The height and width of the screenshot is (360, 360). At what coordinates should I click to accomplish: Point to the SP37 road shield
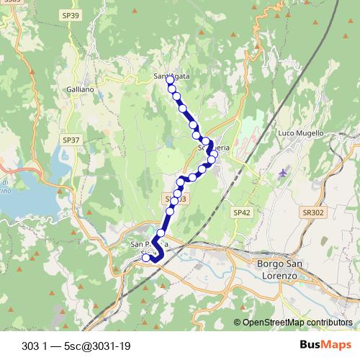point(71,140)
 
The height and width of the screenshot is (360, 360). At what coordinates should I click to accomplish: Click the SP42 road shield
point(241,212)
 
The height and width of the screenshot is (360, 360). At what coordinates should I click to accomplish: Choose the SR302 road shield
point(314,212)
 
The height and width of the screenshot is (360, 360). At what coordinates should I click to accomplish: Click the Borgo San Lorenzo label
point(277,270)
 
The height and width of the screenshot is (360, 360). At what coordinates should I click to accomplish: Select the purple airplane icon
point(282,174)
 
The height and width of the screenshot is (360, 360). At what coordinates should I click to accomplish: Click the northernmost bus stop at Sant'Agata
point(170,80)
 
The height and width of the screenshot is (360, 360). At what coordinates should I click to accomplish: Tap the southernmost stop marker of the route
point(146,258)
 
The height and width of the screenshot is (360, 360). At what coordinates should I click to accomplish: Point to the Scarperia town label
point(214,148)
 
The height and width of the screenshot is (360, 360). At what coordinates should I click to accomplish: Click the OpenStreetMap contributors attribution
point(297,323)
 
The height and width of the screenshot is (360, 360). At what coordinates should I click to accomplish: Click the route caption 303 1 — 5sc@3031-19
point(76,346)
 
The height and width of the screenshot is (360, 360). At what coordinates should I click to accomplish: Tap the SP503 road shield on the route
point(175,198)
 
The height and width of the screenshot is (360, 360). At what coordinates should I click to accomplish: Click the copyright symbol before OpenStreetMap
point(237,323)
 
